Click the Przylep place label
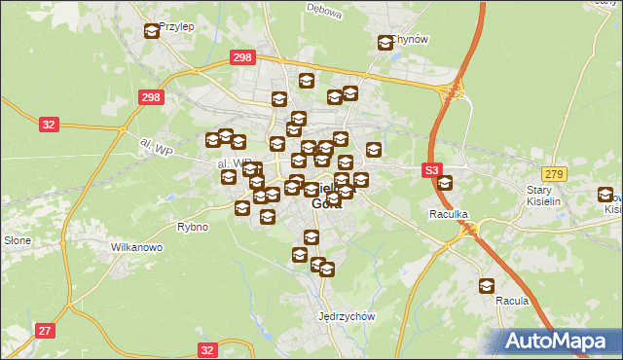[x=176, y=27]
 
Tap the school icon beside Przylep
[x=152, y=31]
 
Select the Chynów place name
[x=411, y=39]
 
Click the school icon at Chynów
[x=385, y=42]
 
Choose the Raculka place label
[x=449, y=212]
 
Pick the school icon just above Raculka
[x=445, y=183]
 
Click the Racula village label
[x=512, y=301]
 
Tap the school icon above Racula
[x=486, y=286]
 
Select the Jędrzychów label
[x=347, y=316]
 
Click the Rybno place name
[x=192, y=227]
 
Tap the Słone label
[x=18, y=239]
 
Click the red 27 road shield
[x=45, y=331]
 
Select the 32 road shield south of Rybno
[x=206, y=348]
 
